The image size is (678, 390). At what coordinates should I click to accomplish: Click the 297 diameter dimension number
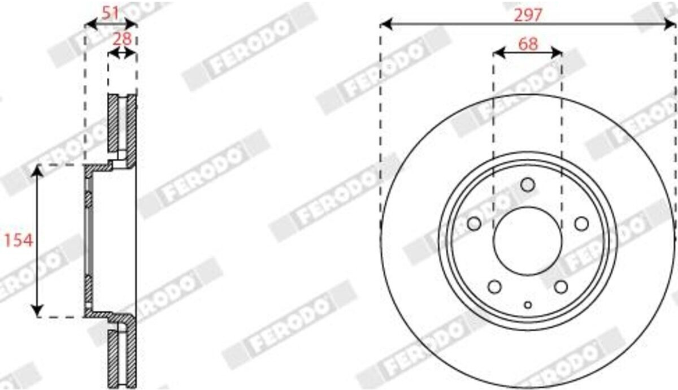pos(528,15)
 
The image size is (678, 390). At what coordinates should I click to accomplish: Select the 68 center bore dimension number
pos(528,44)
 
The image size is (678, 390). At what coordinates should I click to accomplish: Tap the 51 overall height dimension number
pos(110,13)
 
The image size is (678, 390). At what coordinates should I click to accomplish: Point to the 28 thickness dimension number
pos(122,39)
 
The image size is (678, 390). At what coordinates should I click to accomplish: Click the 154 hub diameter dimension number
pos(18,240)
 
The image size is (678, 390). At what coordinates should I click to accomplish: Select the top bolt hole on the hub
pos(528,185)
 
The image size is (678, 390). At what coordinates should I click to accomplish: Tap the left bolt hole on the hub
pos(474,224)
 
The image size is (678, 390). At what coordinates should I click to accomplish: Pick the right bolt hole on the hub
pos(581,224)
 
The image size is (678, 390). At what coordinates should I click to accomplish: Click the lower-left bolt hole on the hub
pos(494,287)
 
